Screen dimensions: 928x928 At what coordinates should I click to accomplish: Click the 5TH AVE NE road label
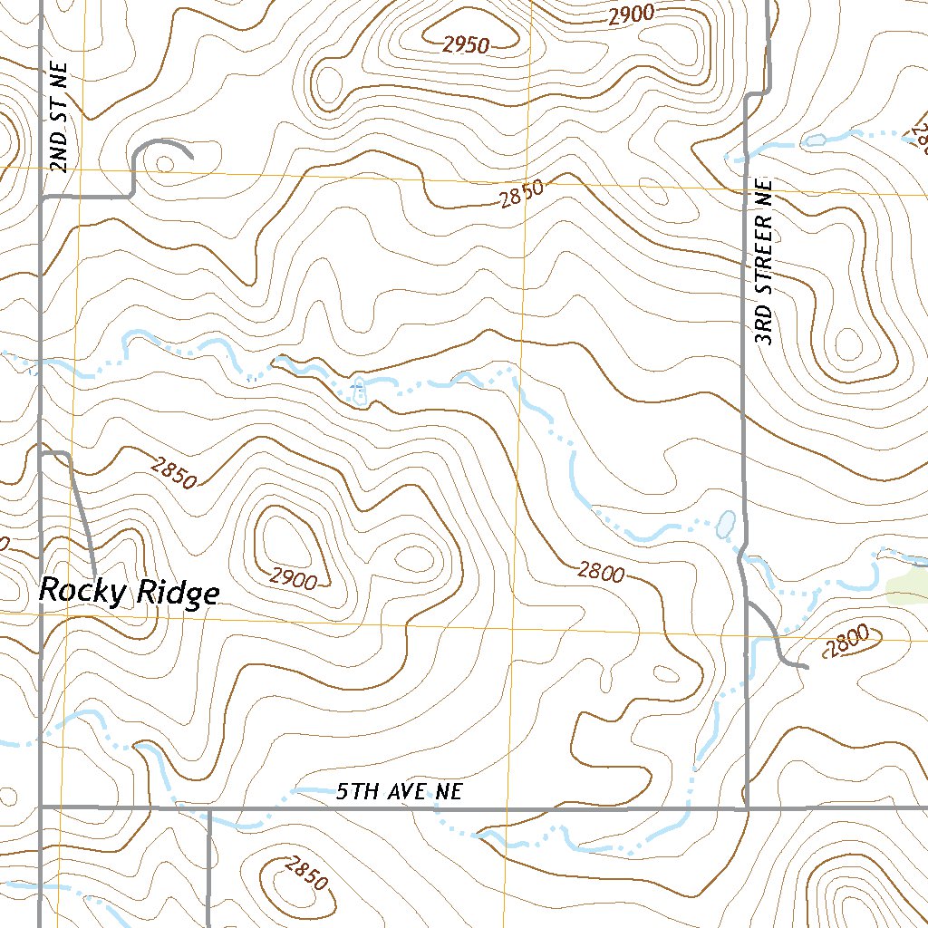399,791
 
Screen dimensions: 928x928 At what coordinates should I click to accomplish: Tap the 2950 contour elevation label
466,43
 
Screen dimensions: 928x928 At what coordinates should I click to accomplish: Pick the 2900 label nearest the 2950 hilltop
631,14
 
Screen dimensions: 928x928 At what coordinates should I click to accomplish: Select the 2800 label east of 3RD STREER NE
849,643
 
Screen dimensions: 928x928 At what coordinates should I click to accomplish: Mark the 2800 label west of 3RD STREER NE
601,572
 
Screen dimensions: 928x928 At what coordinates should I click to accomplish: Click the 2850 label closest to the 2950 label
520,192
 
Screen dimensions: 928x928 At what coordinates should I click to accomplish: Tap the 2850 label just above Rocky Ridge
173,471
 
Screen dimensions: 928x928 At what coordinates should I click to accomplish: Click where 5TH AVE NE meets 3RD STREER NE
746,807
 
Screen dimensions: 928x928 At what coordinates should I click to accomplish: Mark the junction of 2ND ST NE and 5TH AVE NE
41,806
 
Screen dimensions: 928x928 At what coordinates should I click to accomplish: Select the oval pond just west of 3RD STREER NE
725,523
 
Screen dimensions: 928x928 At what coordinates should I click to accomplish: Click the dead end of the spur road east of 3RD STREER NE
805,668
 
